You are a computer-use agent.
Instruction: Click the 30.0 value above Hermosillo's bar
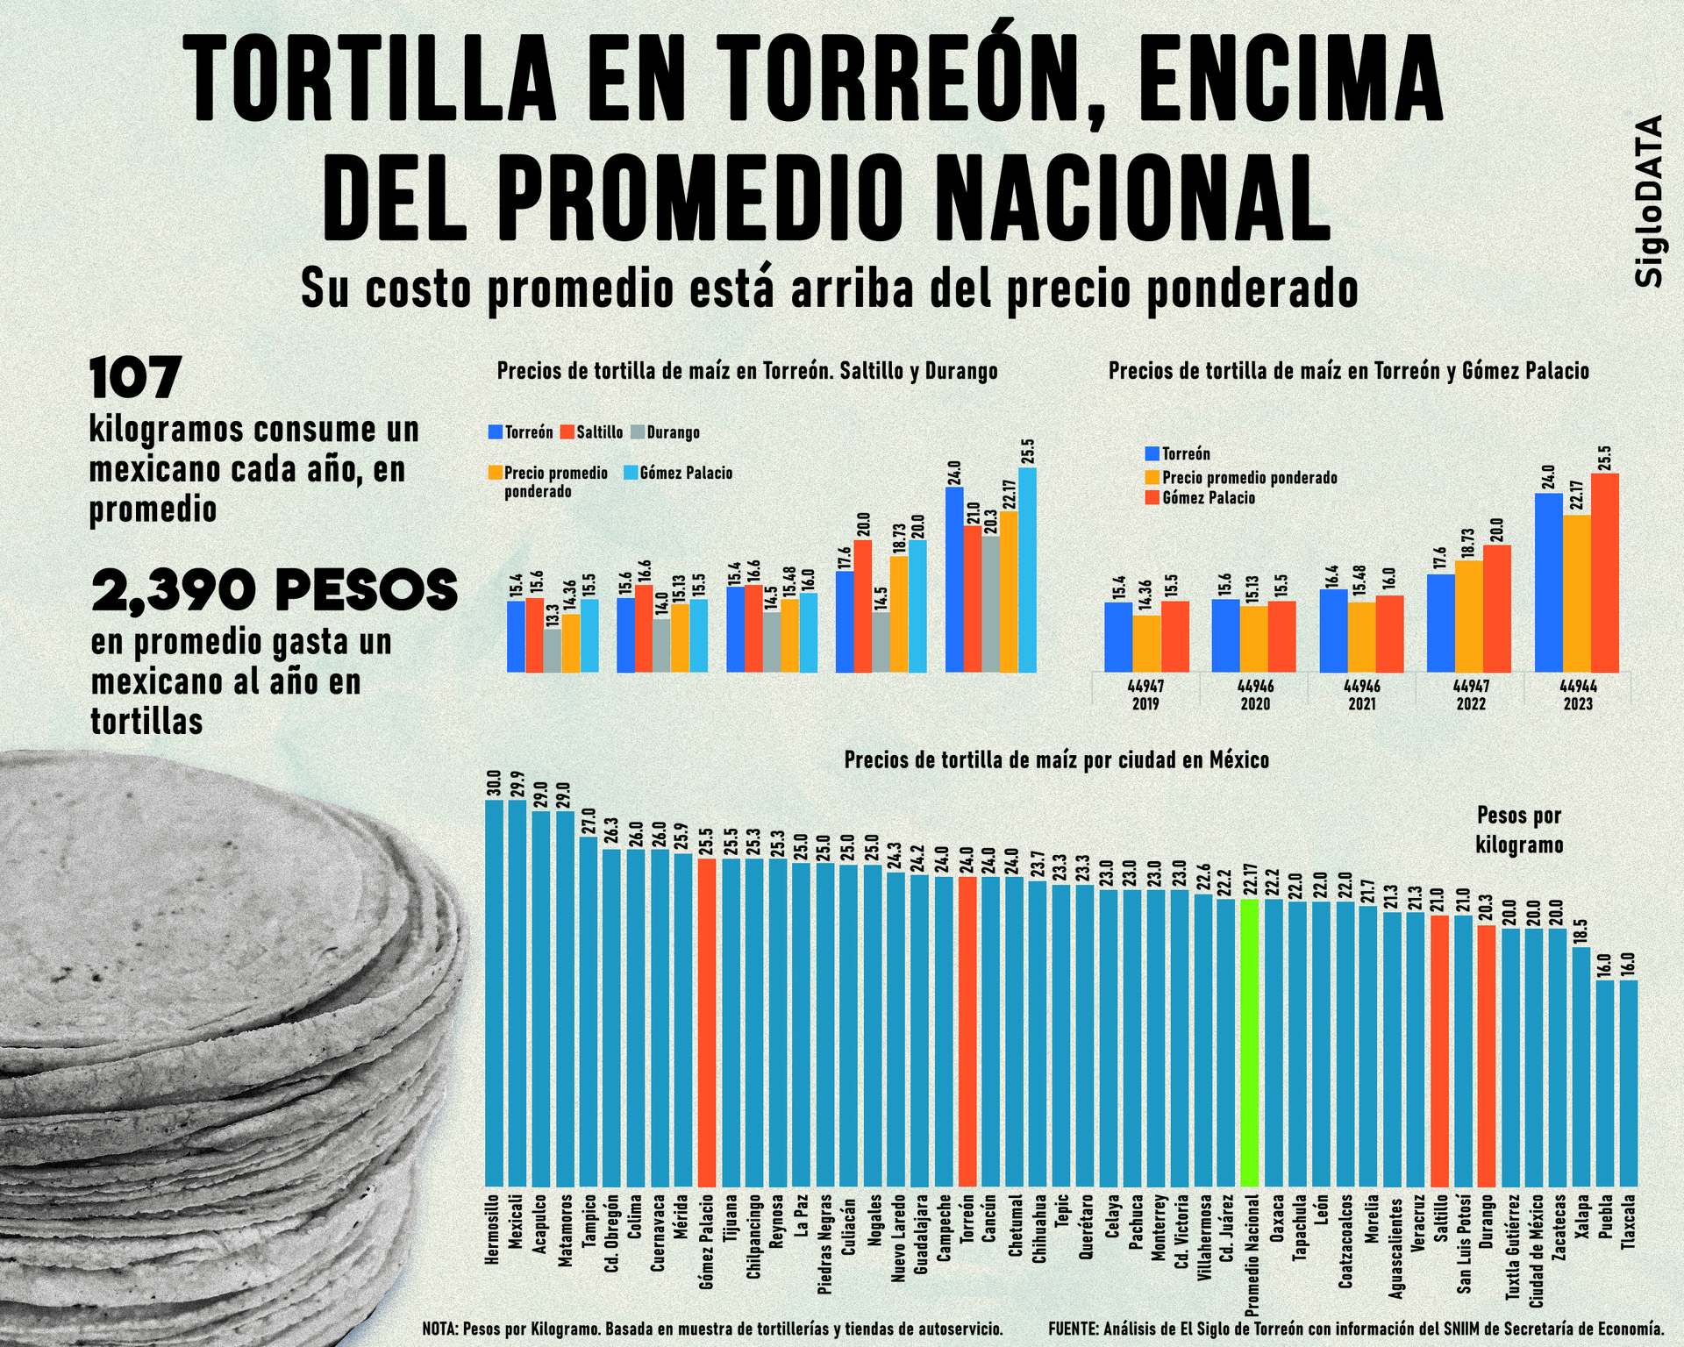click(x=494, y=783)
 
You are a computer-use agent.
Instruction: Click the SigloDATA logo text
click(x=1649, y=201)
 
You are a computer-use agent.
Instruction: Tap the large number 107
click(x=135, y=378)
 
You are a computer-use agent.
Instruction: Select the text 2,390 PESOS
click(x=275, y=589)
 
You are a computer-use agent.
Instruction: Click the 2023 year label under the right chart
click(x=1578, y=703)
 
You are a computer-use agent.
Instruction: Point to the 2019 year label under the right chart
click(x=1145, y=703)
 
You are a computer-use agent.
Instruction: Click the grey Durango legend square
click(x=638, y=432)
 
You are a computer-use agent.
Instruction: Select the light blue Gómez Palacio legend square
click(x=631, y=473)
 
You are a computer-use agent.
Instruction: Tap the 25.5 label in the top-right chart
click(x=1605, y=458)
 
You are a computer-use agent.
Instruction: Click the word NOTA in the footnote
click(x=439, y=1329)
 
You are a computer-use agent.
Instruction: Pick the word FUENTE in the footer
click(x=1072, y=1329)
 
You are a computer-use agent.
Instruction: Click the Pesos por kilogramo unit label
click(x=1519, y=830)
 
